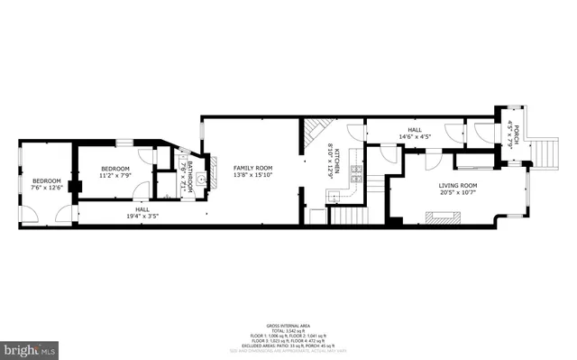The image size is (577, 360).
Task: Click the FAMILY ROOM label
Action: [x=252, y=168]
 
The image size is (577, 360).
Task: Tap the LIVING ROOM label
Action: [x=457, y=185]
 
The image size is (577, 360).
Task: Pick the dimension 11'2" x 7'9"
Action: [x=115, y=175]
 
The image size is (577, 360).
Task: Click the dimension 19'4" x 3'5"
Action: [x=142, y=215]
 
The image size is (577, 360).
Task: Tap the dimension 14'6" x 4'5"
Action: [x=415, y=137]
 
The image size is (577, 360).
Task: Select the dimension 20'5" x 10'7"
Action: [x=457, y=191]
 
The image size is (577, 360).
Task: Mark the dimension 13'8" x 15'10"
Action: [x=252, y=175]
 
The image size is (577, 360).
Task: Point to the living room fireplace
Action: [x=443, y=215]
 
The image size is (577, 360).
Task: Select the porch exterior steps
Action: [x=546, y=151]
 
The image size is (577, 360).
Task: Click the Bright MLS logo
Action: [x=31, y=347]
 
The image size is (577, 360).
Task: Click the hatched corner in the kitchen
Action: [x=313, y=135]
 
